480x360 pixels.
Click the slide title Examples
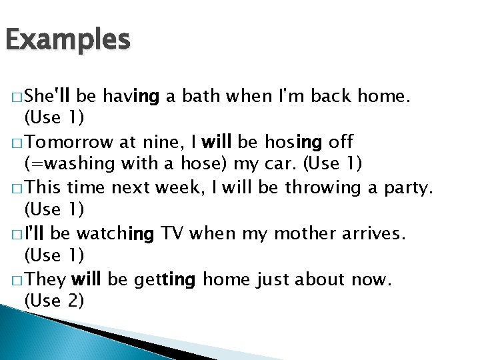(67, 41)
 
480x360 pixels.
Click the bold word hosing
(293, 143)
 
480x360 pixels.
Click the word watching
(115, 234)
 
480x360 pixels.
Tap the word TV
(172, 234)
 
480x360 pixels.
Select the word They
(47, 279)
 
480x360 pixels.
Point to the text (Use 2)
(54, 301)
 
